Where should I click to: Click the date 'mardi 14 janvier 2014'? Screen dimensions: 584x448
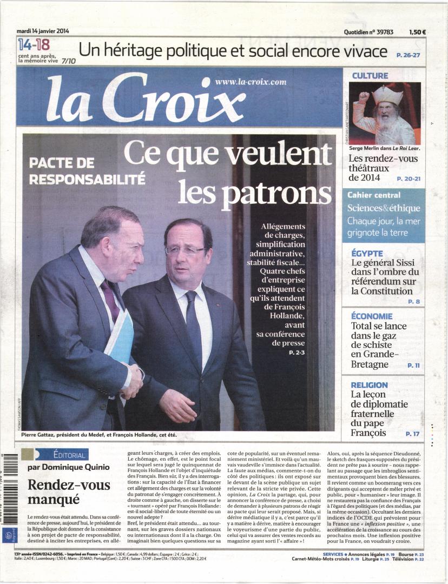(43, 31)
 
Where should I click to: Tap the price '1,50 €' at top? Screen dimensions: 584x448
(417, 32)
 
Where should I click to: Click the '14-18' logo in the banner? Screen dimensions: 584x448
(34, 45)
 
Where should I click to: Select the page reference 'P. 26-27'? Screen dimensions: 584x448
(408, 55)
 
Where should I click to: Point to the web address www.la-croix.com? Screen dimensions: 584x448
(251, 82)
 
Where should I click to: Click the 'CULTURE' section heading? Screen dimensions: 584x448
(370, 76)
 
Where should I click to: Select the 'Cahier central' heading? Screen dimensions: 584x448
(374, 195)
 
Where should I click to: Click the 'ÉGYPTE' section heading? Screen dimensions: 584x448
(367, 253)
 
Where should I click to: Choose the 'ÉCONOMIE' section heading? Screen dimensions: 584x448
(372, 316)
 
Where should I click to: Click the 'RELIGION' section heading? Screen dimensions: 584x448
(369, 385)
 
